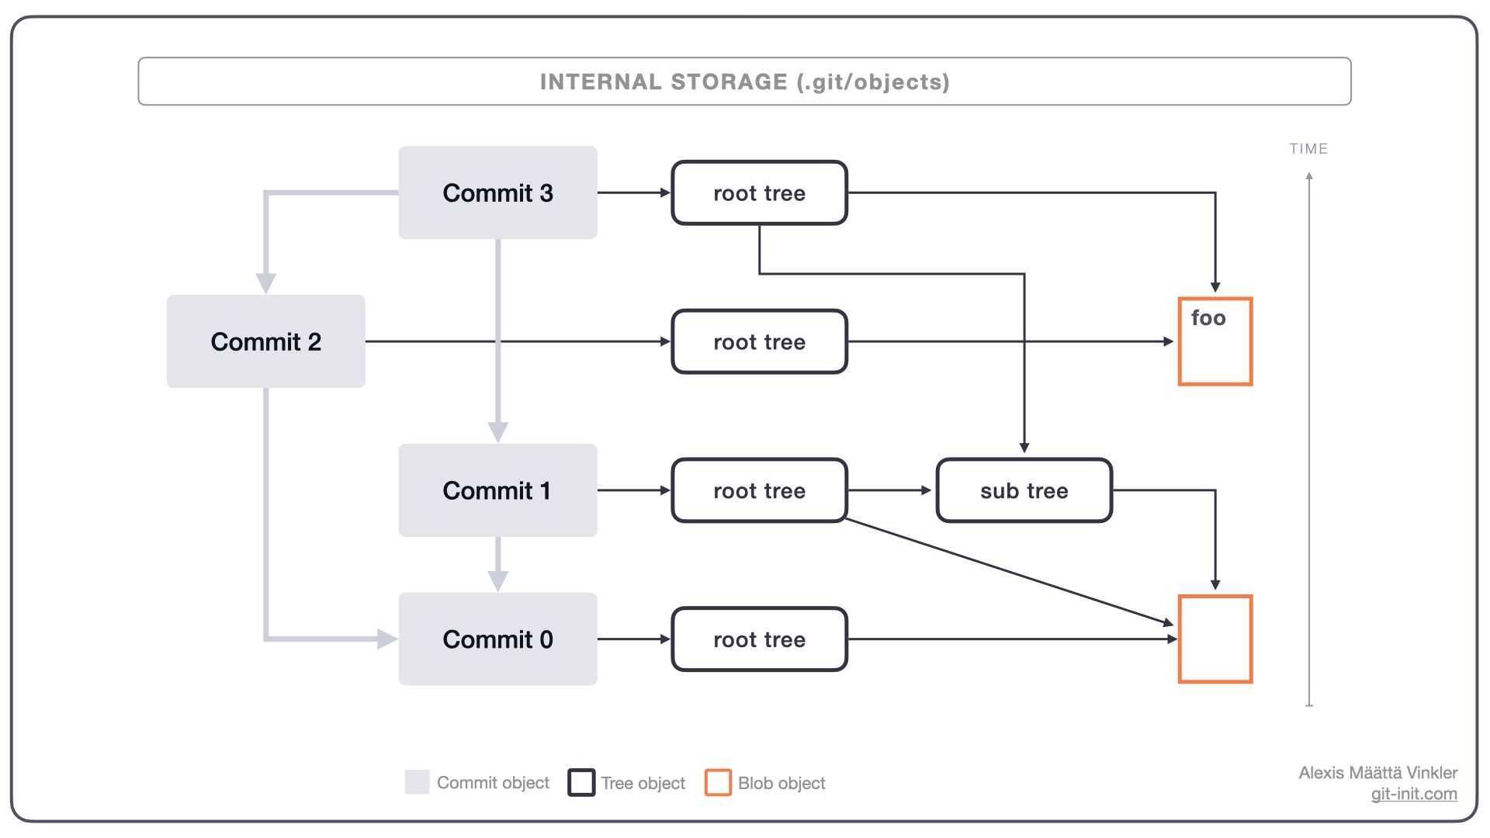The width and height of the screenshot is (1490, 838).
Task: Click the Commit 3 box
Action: (x=497, y=192)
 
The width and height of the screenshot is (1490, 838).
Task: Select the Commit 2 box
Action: (x=265, y=341)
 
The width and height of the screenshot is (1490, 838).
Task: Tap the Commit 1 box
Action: (x=497, y=490)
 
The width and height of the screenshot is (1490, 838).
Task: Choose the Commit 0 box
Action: (x=497, y=639)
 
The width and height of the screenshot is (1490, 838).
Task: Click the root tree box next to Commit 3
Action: (x=759, y=193)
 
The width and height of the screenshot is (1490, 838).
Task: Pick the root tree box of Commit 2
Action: (x=759, y=342)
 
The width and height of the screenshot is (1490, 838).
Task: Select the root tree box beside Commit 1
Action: (x=759, y=490)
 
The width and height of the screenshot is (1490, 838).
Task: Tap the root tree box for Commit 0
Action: (x=759, y=639)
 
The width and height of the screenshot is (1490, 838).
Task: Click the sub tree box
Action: (x=1024, y=490)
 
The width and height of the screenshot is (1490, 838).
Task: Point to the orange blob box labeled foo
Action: (x=1215, y=341)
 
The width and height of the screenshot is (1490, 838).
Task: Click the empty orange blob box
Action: (x=1215, y=639)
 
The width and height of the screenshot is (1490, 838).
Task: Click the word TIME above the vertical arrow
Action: (x=1308, y=149)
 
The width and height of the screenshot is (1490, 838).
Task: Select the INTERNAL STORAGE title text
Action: (x=744, y=82)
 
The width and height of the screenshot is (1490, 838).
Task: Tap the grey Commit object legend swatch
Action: (x=417, y=782)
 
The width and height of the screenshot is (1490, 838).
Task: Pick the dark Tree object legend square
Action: (x=581, y=782)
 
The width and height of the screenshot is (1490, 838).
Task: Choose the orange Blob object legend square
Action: (x=718, y=782)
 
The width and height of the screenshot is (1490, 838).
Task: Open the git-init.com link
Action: (x=1413, y=794)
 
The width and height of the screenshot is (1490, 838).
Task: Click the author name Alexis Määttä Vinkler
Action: (x=1377, y=773)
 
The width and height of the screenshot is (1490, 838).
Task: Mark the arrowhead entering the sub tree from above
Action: (x=1024, y=448)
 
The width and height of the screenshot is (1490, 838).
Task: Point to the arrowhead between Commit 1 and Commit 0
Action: (x=497, y=581)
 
